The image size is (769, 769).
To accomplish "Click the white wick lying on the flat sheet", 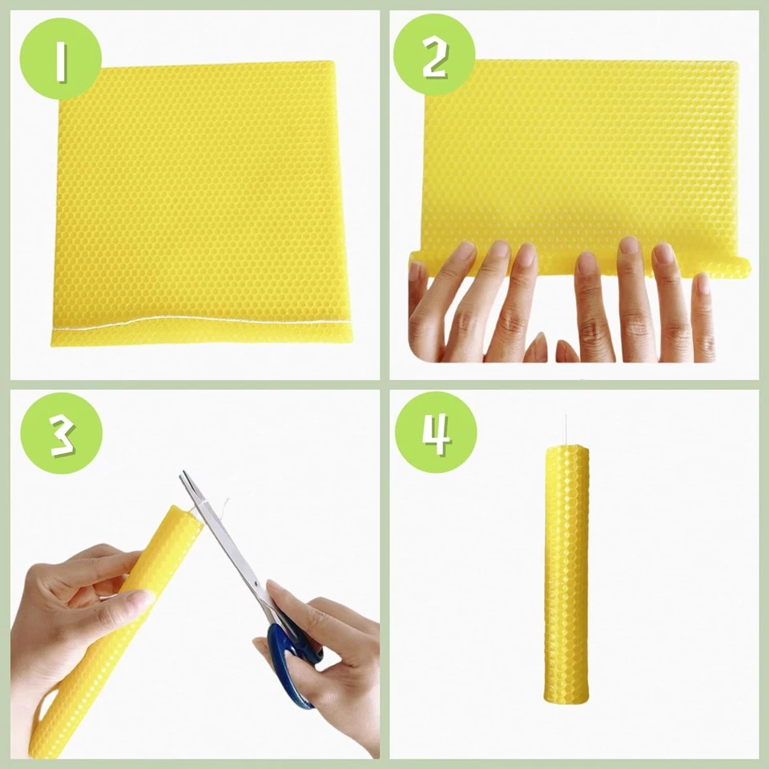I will click(x=200, y=323).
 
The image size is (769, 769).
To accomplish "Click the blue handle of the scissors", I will click(x=290, y=665).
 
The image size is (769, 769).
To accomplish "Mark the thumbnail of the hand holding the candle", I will click(x=138, y=598).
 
